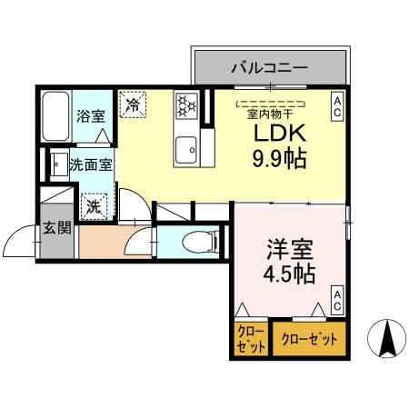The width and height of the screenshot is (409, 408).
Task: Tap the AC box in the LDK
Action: point(336,106)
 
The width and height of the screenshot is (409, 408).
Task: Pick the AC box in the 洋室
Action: point(336,301)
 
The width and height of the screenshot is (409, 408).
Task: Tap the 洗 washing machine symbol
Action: point(95,206)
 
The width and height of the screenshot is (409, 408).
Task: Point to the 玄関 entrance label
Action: point(56,228)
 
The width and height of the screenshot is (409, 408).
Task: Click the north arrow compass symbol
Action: point(386,339)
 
